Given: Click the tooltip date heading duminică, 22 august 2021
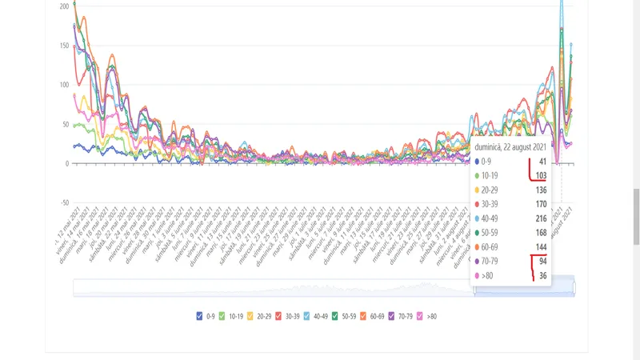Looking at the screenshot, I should click(510, 147).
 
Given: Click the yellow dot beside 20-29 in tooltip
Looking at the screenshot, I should click(478, 190).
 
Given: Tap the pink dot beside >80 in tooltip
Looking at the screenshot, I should click(478, 276).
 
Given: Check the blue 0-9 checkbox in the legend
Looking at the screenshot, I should click(200, 317).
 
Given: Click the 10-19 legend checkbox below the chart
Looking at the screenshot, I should click(223, 317).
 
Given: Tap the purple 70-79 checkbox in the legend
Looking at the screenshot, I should click(393, 317).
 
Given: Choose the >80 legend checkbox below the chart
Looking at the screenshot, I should click(421, 317).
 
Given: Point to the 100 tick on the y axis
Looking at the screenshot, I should click(63, 85).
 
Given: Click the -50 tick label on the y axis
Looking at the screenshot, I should click(64, 202).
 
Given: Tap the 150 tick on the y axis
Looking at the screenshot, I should click(63, 46).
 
